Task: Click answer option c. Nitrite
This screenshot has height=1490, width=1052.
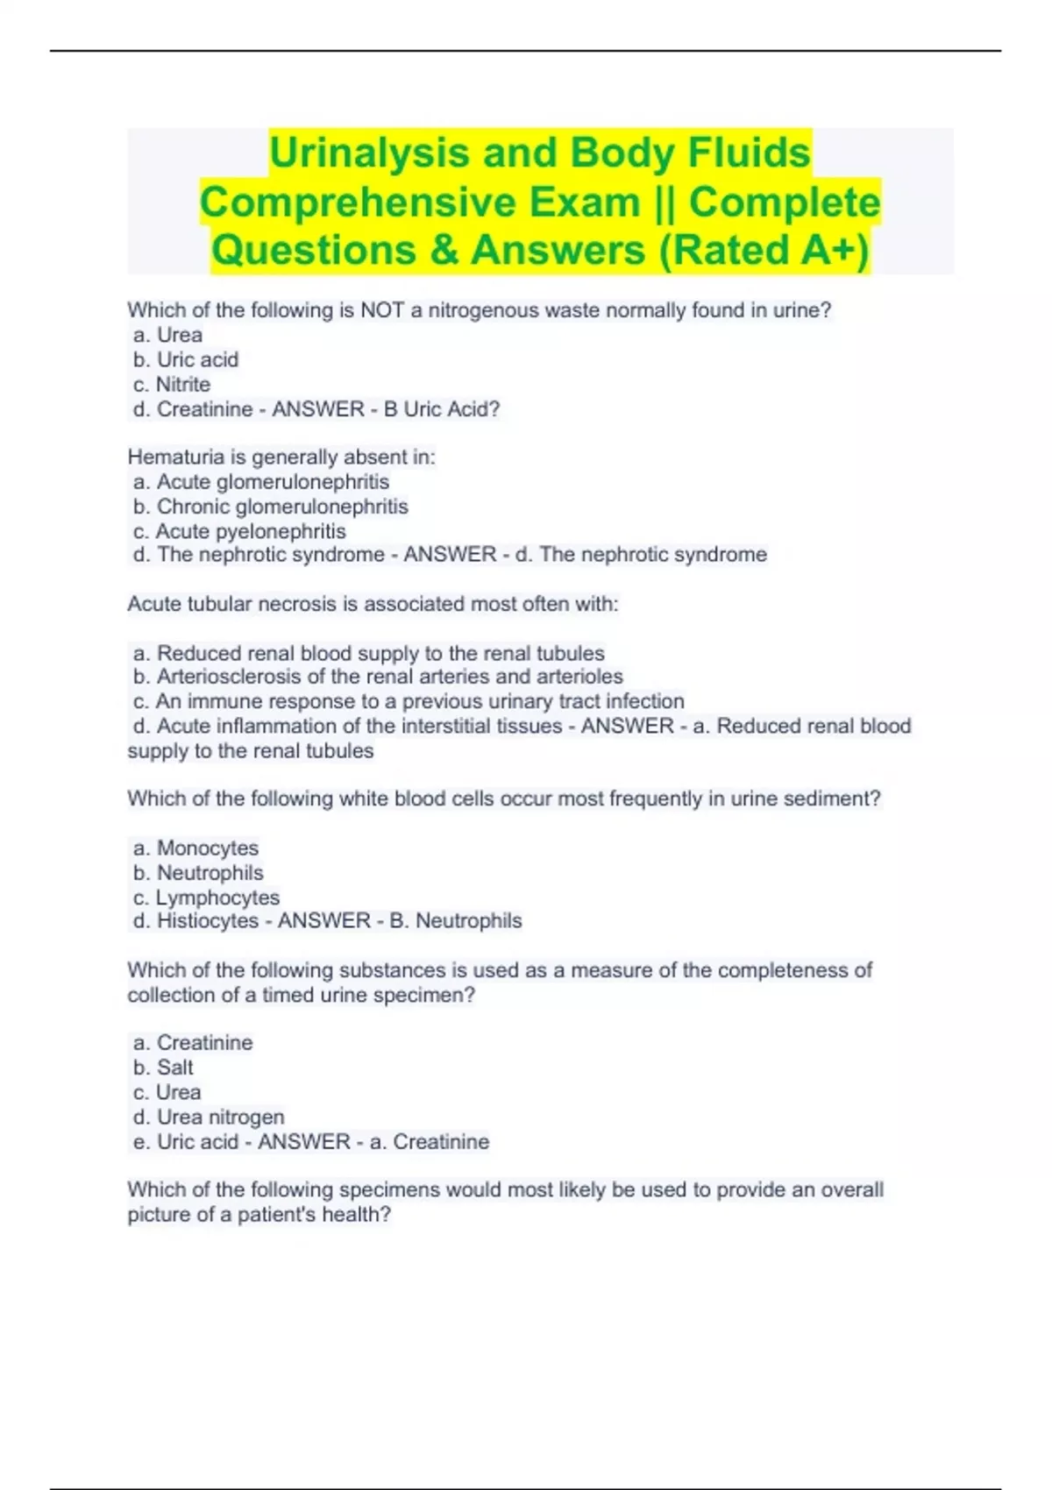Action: coord(172,385)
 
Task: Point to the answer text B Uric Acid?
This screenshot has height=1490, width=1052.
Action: coord(442,409)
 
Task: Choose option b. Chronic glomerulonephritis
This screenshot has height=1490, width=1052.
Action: coord(271,507)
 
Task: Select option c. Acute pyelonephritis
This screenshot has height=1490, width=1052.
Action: coord(239,531)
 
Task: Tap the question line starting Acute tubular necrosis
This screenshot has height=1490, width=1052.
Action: coord(373,604)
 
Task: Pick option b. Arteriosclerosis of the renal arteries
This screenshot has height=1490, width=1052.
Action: coord(378,677)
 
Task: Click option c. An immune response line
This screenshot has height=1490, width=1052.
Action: coord(409,701)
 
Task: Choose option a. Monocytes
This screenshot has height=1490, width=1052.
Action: coord(195,848)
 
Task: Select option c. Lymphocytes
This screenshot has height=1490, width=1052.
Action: coord(206,898)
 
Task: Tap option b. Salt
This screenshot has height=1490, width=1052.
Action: coord(163,1068)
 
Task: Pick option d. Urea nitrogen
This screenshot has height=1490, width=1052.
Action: coord(209,1117)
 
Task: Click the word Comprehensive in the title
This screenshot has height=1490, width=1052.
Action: coord(420,202)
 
